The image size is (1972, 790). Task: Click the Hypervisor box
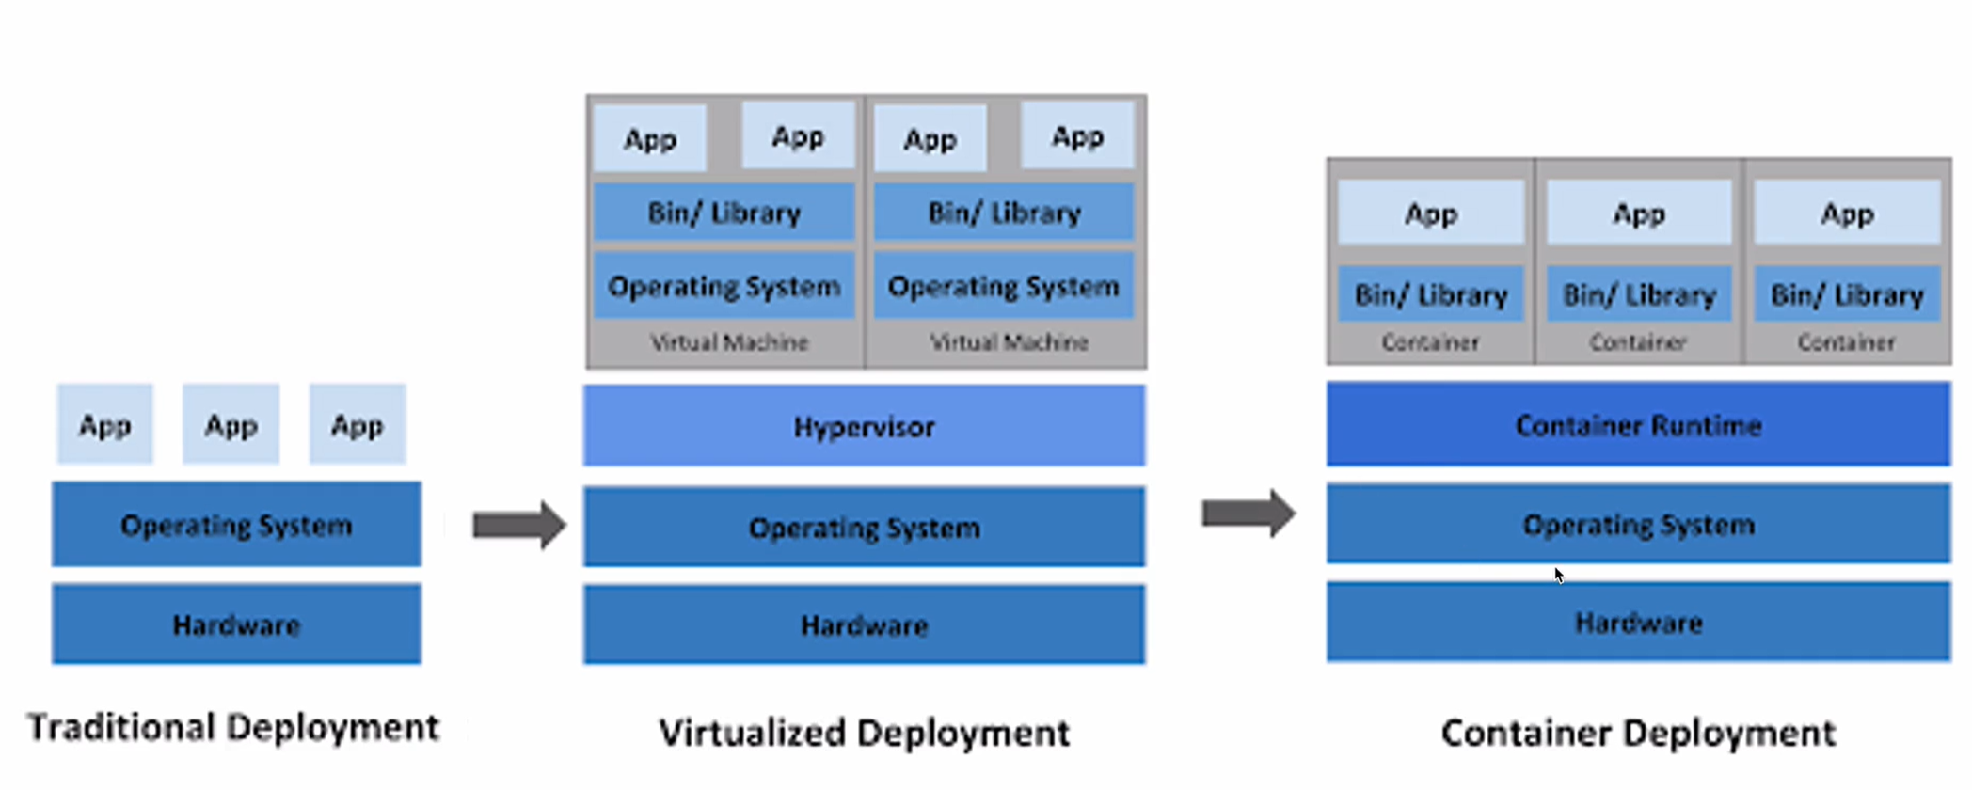(x=864, y=426)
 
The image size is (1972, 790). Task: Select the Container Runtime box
(x=1638, y=424)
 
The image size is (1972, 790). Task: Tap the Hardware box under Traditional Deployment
(x=236, y=624)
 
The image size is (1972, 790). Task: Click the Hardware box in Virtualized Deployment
(x=864, y=624)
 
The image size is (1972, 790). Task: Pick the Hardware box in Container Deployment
(x=1638, y=622)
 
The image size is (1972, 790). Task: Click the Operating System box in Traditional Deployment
(x=236, y=525)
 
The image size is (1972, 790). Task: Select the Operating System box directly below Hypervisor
(x=864, y=527)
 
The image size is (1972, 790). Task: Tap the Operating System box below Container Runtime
(x=1638, y=524)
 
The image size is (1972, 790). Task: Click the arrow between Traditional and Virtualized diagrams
(x=518, y=525)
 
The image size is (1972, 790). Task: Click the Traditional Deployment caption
(x=232, y=727)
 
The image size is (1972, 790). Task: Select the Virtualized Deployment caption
(x=864, y=733)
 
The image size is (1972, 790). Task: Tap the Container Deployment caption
(x=1638, y=733)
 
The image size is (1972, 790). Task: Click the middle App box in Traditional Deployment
(x=231, y=425)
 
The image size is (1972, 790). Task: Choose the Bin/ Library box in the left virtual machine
(x=724, y=213)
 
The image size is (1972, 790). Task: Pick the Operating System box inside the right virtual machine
(x=1003, y=286)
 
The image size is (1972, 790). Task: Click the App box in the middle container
(x=1638, y=214)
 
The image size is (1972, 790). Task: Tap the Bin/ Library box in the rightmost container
(x=1846, y=295)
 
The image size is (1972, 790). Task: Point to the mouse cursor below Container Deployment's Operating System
(x=1558, y=575)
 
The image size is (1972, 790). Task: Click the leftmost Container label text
(x=1430, y=342)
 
